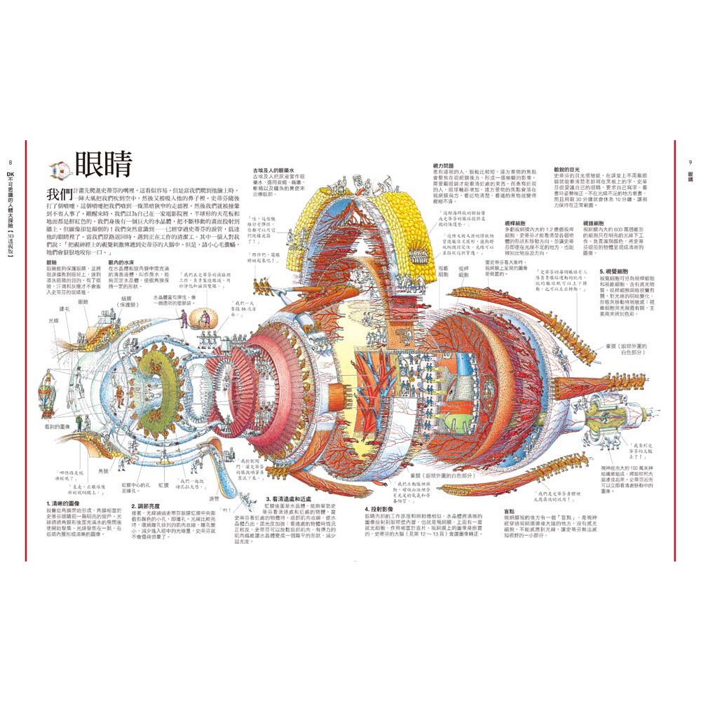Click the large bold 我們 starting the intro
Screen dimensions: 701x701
pyautogui.click(x=58, y=193)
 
